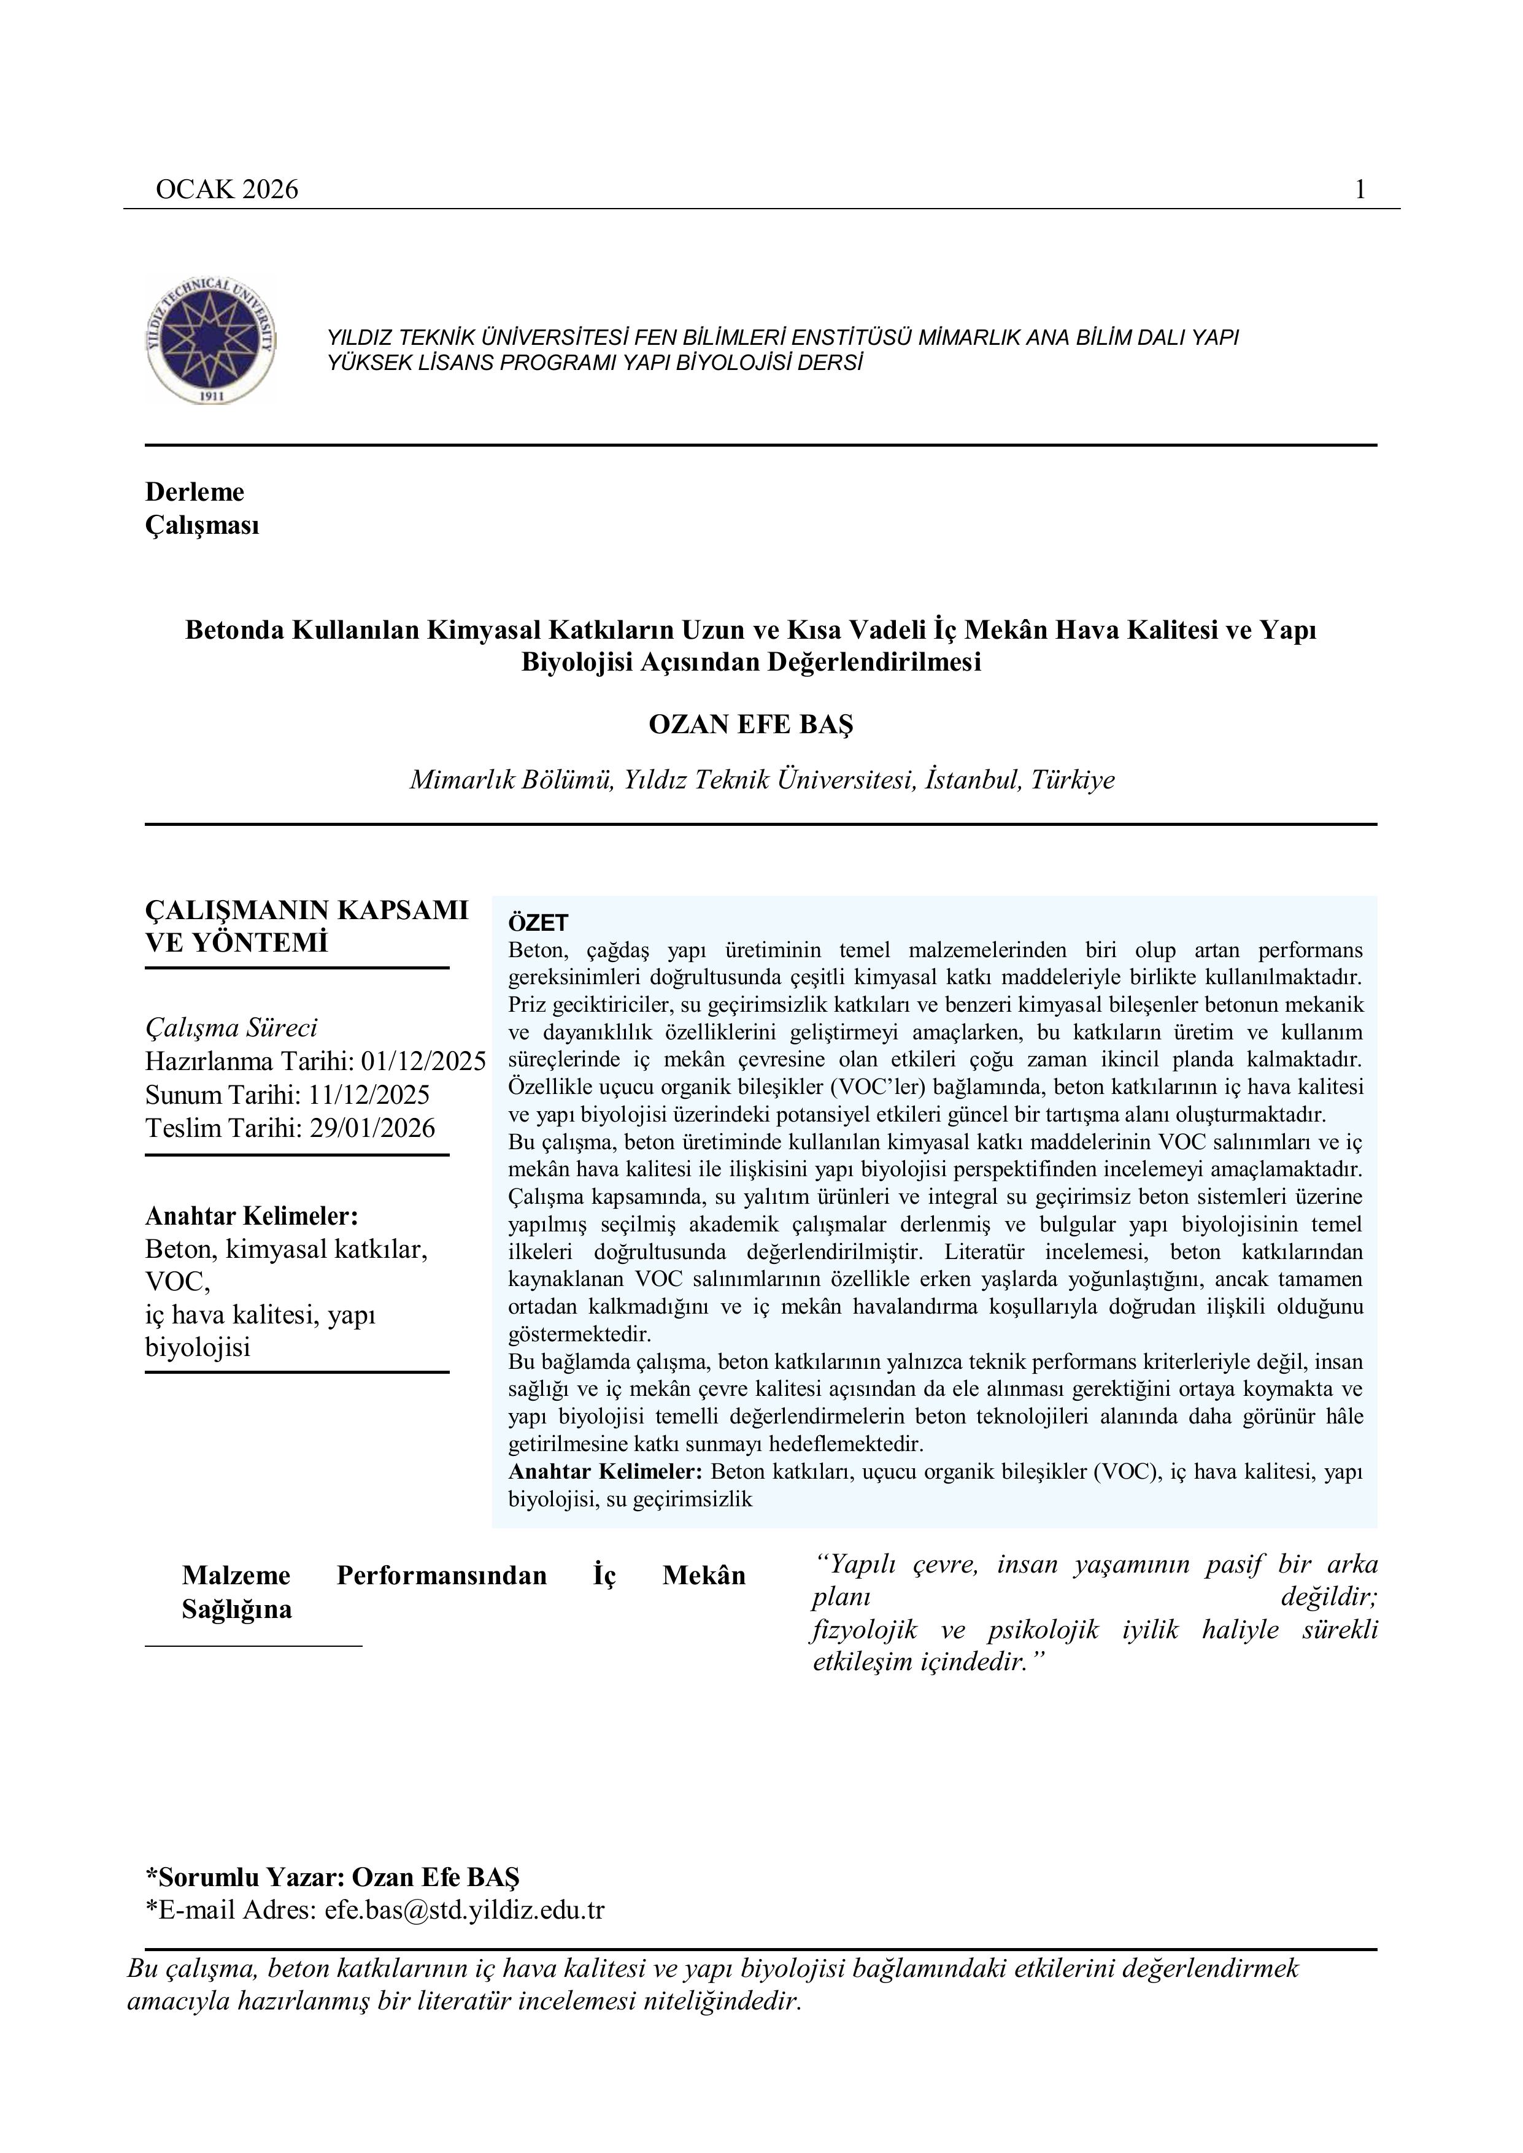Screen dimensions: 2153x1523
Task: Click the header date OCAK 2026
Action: coord(227,190)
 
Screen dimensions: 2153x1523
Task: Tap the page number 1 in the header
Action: coord(1360,190)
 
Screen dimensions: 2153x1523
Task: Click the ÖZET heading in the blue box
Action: coord(538,923)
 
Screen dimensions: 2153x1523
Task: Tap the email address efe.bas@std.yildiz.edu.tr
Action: coord(465,1910)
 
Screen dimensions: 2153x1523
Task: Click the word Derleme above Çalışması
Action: coord(194,492)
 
